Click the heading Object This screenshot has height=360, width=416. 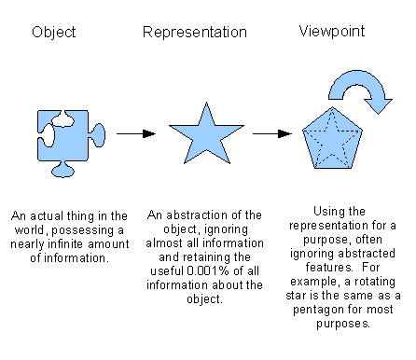pyautogui.click(x=53, y=33)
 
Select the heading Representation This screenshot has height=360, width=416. pyautogui.click(x=195, y=33)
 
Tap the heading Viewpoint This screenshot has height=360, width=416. pyautogui.click(x=331, y=33)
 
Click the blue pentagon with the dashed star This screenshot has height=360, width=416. pyautogui.click(x=334, y=139)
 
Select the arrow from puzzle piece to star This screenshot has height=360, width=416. pyautogui.click(x=136, y=132)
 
